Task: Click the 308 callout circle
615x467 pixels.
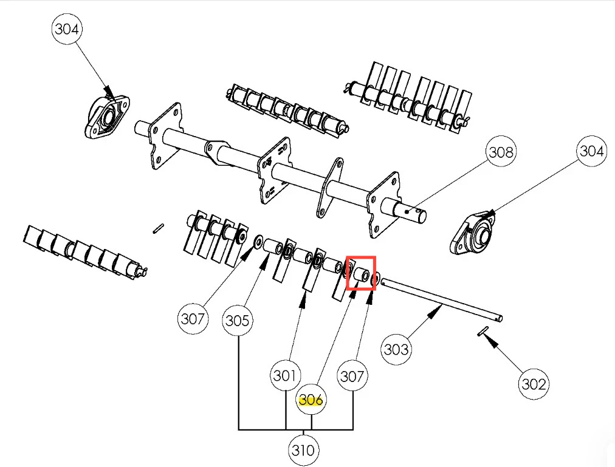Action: [x=501, y=152]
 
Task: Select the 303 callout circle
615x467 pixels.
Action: [x=396, y=349]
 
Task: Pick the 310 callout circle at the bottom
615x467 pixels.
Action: [x=303, y=450]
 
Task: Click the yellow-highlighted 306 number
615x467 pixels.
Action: [x=311, y=400]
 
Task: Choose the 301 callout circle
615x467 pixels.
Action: [x=286, y=375]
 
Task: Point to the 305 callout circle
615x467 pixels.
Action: [x=237, y=319]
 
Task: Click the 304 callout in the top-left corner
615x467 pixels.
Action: [x=68, y=29]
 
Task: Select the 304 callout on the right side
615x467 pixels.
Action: [x=591, y=151]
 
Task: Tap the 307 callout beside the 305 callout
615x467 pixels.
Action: [x=193, y=318]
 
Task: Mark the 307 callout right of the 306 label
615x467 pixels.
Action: [x=352, y=376]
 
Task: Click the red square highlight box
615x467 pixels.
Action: [x=361, y=273]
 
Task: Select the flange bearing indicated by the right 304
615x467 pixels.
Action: [x=477, y=233]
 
